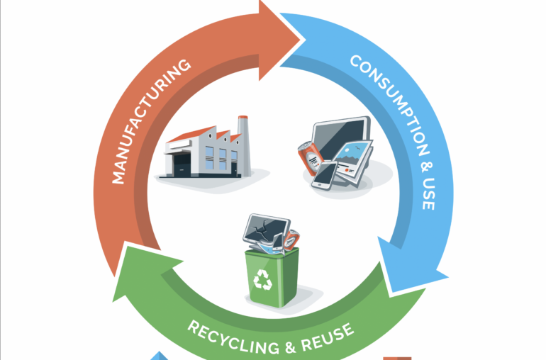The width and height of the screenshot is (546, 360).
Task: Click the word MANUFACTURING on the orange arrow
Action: pyautogui.click(x=150, y=121)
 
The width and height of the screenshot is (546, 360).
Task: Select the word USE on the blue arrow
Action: pyautogui.click(x=425, y=191)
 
